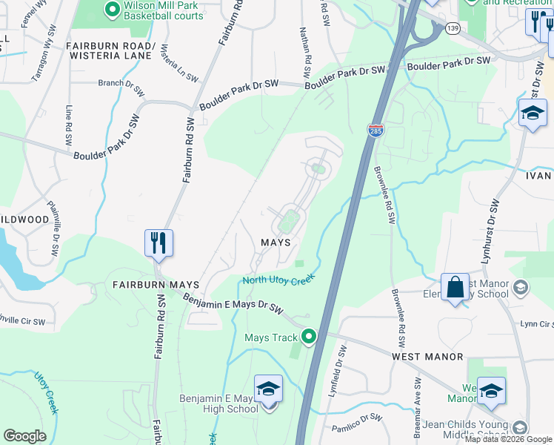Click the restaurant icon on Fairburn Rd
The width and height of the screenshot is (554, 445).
tap(158, 242)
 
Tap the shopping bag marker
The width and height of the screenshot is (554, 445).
tap(455, 287)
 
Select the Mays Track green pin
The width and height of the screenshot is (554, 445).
tap(310, 337)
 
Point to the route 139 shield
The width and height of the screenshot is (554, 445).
tap(452, 28)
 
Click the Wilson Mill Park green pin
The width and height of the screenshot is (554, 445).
tap(112, 10)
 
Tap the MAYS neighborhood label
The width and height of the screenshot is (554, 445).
tap(275, 243)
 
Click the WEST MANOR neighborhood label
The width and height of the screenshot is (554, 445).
tap(427, 357)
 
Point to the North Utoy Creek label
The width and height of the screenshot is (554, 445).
tap(279, 279)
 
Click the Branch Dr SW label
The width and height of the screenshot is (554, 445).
tap(121, 82)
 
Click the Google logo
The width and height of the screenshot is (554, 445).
tap(24, 436)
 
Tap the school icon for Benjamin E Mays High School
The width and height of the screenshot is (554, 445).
tap(268, 389)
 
